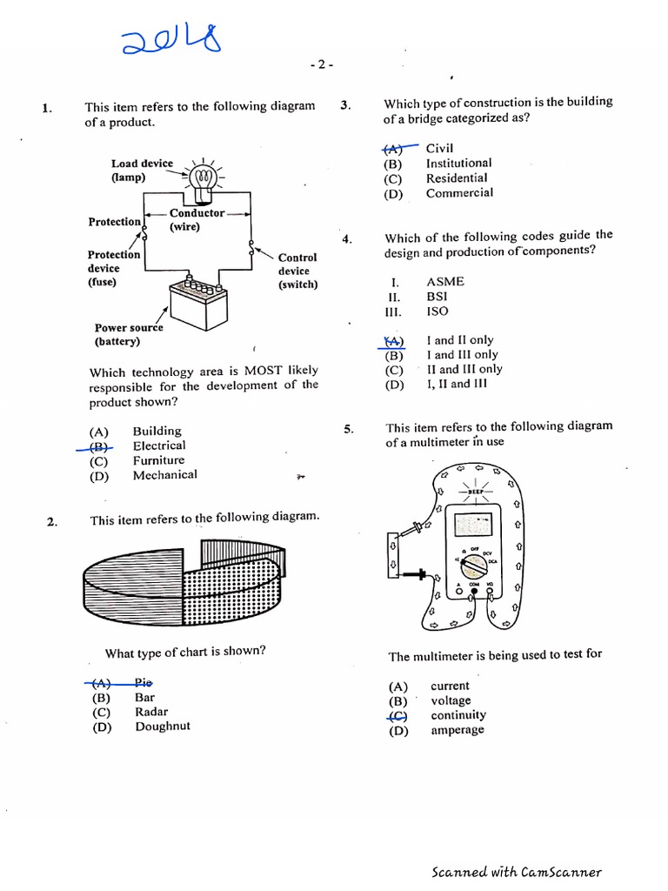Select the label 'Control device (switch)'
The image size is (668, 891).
pyautogui.click(x=297, y=271)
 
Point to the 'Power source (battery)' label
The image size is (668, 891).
pyautogui.click(x=129, y=335)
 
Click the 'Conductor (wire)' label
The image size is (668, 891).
pyautogui.click(x=197, y=219)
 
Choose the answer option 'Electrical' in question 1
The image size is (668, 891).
pyautogui.click(x=158, y=445)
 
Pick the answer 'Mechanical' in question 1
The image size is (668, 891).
pyautogui.click(x=164, y=475)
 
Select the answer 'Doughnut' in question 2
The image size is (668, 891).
pyautogui.click(x=162, y=727)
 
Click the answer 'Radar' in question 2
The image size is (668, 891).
pyautogui.click(x=151, y=712)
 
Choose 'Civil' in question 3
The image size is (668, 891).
pyautogui.click(x=439, y=148)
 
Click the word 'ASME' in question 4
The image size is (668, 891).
pyautogui.click(x=445, y=282)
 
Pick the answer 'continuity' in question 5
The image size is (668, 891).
pyautogui.click(x=458, y=715)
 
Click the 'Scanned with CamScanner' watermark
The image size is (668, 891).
pyautogui.click(x=516, y=872)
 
